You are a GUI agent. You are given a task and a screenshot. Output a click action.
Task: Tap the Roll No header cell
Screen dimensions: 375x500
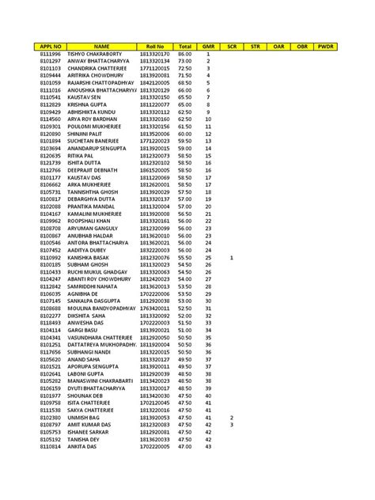pos(154,47)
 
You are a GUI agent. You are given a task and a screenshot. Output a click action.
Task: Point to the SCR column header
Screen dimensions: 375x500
pos(232,47)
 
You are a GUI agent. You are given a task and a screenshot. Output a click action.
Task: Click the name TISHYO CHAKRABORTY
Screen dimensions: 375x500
pos(100,53)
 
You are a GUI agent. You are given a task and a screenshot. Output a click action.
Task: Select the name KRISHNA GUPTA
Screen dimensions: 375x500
pos(86,104)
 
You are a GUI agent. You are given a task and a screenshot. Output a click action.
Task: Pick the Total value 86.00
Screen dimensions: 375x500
pos(185,53)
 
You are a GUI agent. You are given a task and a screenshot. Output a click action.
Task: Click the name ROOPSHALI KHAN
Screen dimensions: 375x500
pos(91,221)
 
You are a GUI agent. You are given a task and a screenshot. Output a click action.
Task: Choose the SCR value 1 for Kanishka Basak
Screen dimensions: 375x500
pos(231,257)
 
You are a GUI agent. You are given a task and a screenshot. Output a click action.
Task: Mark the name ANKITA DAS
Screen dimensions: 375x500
pos(84,447)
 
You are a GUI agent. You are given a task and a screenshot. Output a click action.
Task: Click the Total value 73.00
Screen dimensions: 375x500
pos(185,60)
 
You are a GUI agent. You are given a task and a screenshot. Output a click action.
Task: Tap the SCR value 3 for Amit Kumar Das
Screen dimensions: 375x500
pos(231,425)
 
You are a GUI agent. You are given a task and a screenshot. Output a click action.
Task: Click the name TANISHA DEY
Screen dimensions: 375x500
pos(85,440)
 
